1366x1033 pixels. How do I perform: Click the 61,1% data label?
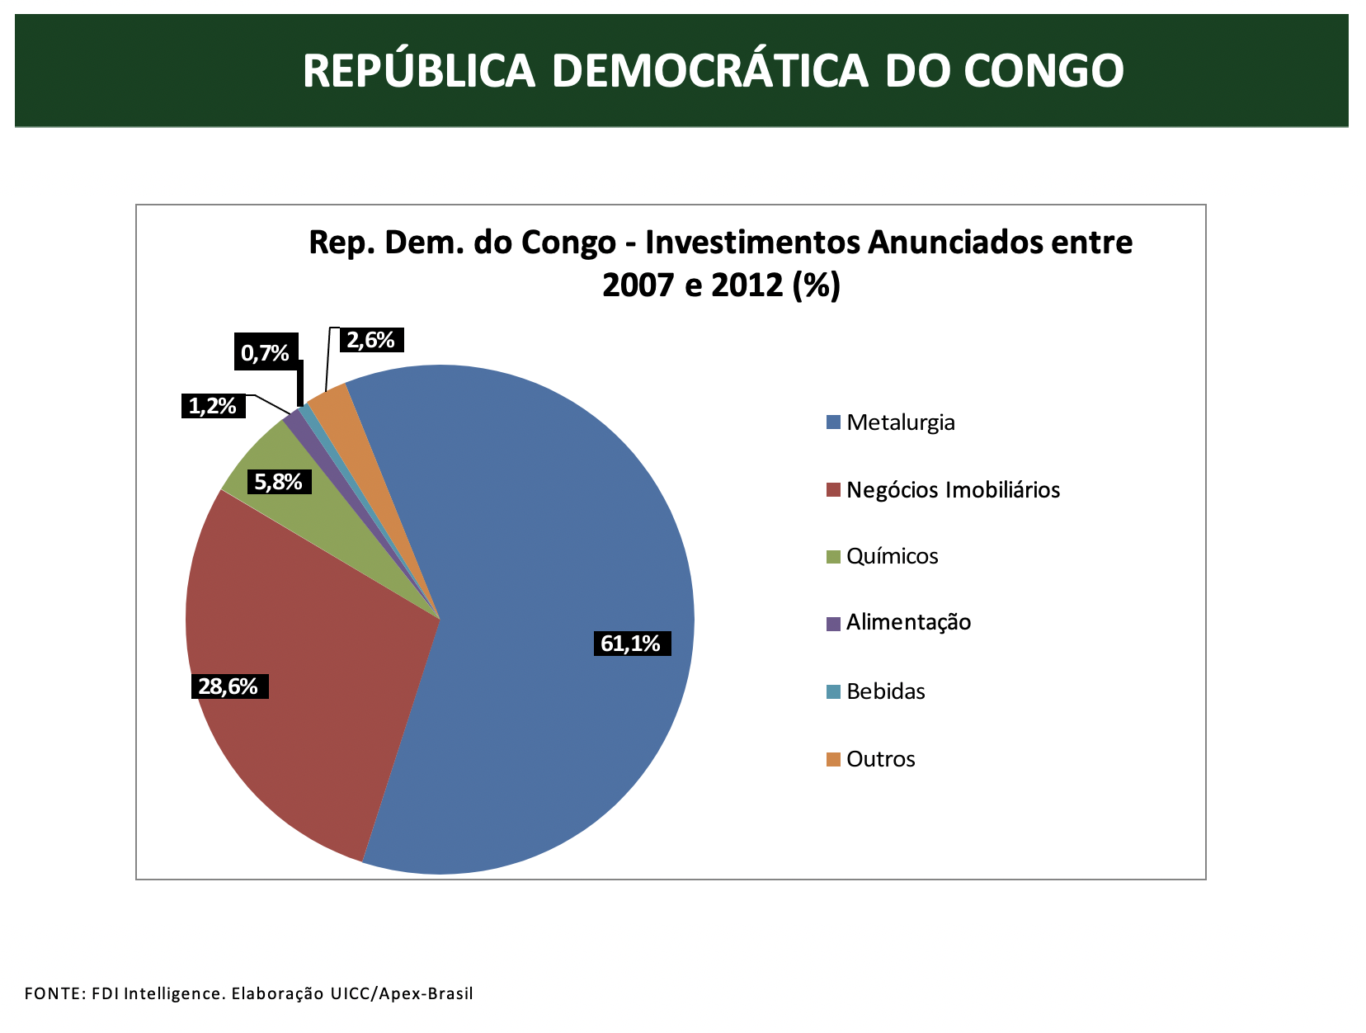[631, 644]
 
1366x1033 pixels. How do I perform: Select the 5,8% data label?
[279, 482]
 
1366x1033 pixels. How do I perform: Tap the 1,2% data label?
[213, 406]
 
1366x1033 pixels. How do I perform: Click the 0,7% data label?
[266, 353]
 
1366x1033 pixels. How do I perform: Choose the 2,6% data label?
[370, 340]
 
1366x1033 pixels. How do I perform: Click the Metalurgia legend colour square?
[833, 422]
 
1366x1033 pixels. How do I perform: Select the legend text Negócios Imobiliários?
[953, 490]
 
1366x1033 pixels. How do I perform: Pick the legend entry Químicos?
[892, 556]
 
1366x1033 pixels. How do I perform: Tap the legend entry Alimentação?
[908, 622]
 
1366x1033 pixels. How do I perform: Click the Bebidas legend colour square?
[833, 691]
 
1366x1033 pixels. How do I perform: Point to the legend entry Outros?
[880, 759]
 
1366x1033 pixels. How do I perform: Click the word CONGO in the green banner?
[1043, 71]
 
